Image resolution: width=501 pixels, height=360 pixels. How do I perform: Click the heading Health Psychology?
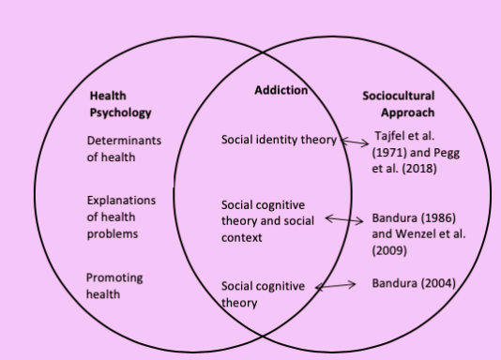[120, 105]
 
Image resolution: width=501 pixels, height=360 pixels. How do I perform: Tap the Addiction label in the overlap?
[281, 91]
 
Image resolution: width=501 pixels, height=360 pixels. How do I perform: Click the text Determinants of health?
[124, 149]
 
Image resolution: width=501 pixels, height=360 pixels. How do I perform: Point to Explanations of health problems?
[121, 217]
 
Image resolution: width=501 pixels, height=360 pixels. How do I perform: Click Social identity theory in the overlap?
[279, 141]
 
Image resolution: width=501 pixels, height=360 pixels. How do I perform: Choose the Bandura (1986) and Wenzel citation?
[419, 233]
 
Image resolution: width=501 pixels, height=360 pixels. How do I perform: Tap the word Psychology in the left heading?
[120, 113]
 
